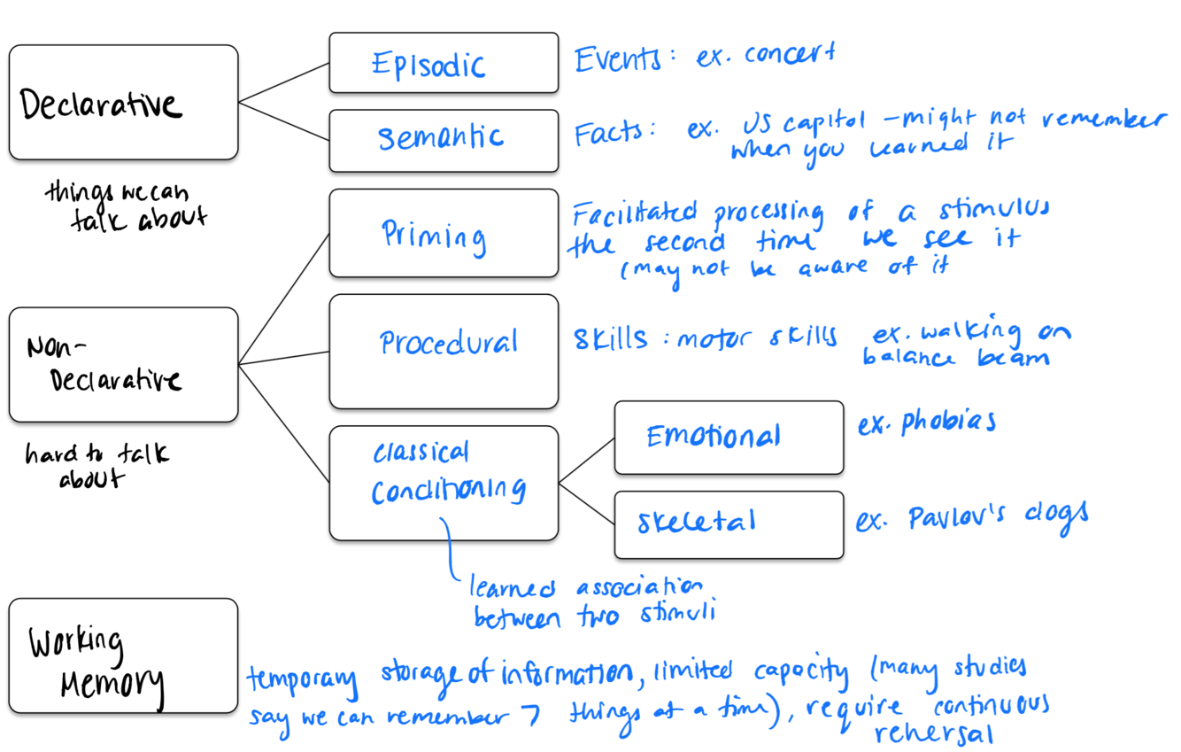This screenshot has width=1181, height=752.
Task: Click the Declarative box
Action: [x=123, y=102]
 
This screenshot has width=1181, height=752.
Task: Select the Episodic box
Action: [x=444, y=63]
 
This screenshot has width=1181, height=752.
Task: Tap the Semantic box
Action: [x=444, y=140]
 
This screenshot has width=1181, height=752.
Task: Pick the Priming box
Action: [x=444, y=233]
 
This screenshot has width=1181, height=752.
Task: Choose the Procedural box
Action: [x=444, y=351]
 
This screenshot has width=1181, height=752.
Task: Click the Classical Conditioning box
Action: [x=444, y=483]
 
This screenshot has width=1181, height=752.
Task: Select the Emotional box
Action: [x=729, y=438]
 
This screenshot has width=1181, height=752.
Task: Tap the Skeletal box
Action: [x=729, y=524]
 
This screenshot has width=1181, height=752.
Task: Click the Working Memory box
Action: [x=123, y=655]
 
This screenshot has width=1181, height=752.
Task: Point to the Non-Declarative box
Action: [x=123, y=364]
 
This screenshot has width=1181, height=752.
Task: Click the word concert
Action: [x=789, y=56]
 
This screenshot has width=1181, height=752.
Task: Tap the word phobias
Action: [x=948, y=423]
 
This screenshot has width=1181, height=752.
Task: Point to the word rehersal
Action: [x=933, y=734]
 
